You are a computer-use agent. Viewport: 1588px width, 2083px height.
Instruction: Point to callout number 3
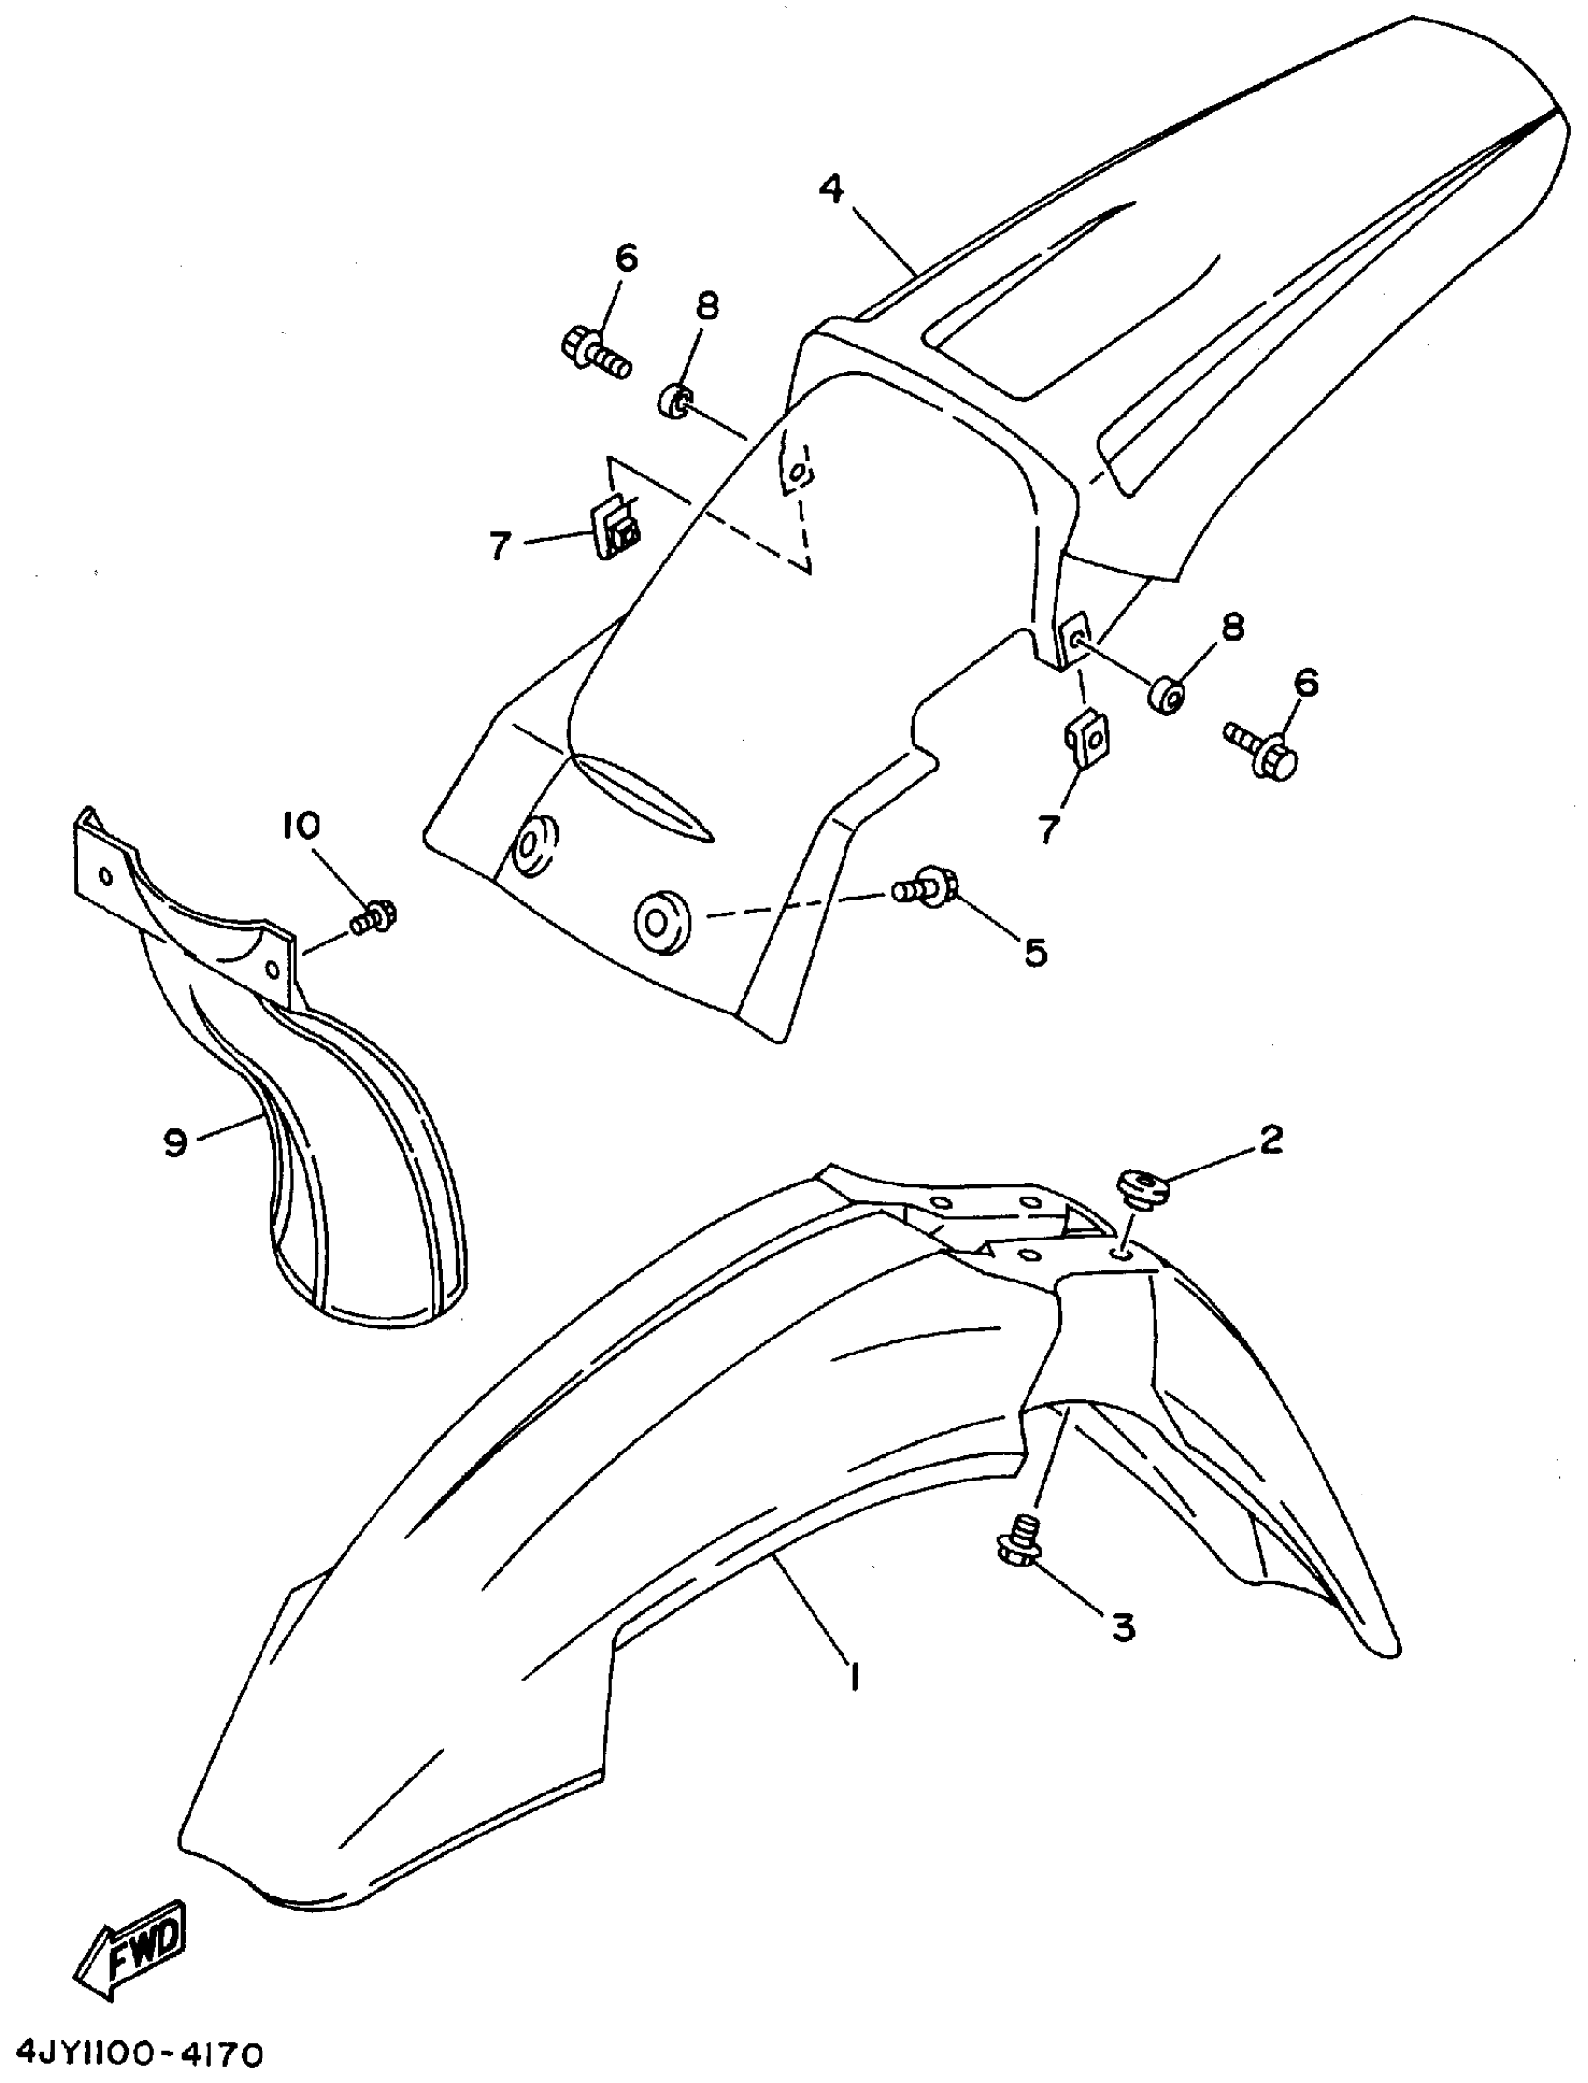1123,1627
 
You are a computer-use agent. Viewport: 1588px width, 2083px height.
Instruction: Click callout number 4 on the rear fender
830,189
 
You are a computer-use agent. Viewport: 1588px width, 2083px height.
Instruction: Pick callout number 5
1036,953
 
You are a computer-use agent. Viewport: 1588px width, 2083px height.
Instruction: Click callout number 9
176,1143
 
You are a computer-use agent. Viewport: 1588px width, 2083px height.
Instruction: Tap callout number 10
301,826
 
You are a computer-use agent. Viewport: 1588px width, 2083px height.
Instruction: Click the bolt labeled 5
927,886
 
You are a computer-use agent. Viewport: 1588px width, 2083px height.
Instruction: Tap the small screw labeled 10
376,916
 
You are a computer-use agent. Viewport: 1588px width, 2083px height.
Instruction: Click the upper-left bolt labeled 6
597,350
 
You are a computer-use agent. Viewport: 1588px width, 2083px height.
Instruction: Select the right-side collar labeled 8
1168,696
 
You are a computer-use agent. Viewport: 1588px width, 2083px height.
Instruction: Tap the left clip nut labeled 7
617,531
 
